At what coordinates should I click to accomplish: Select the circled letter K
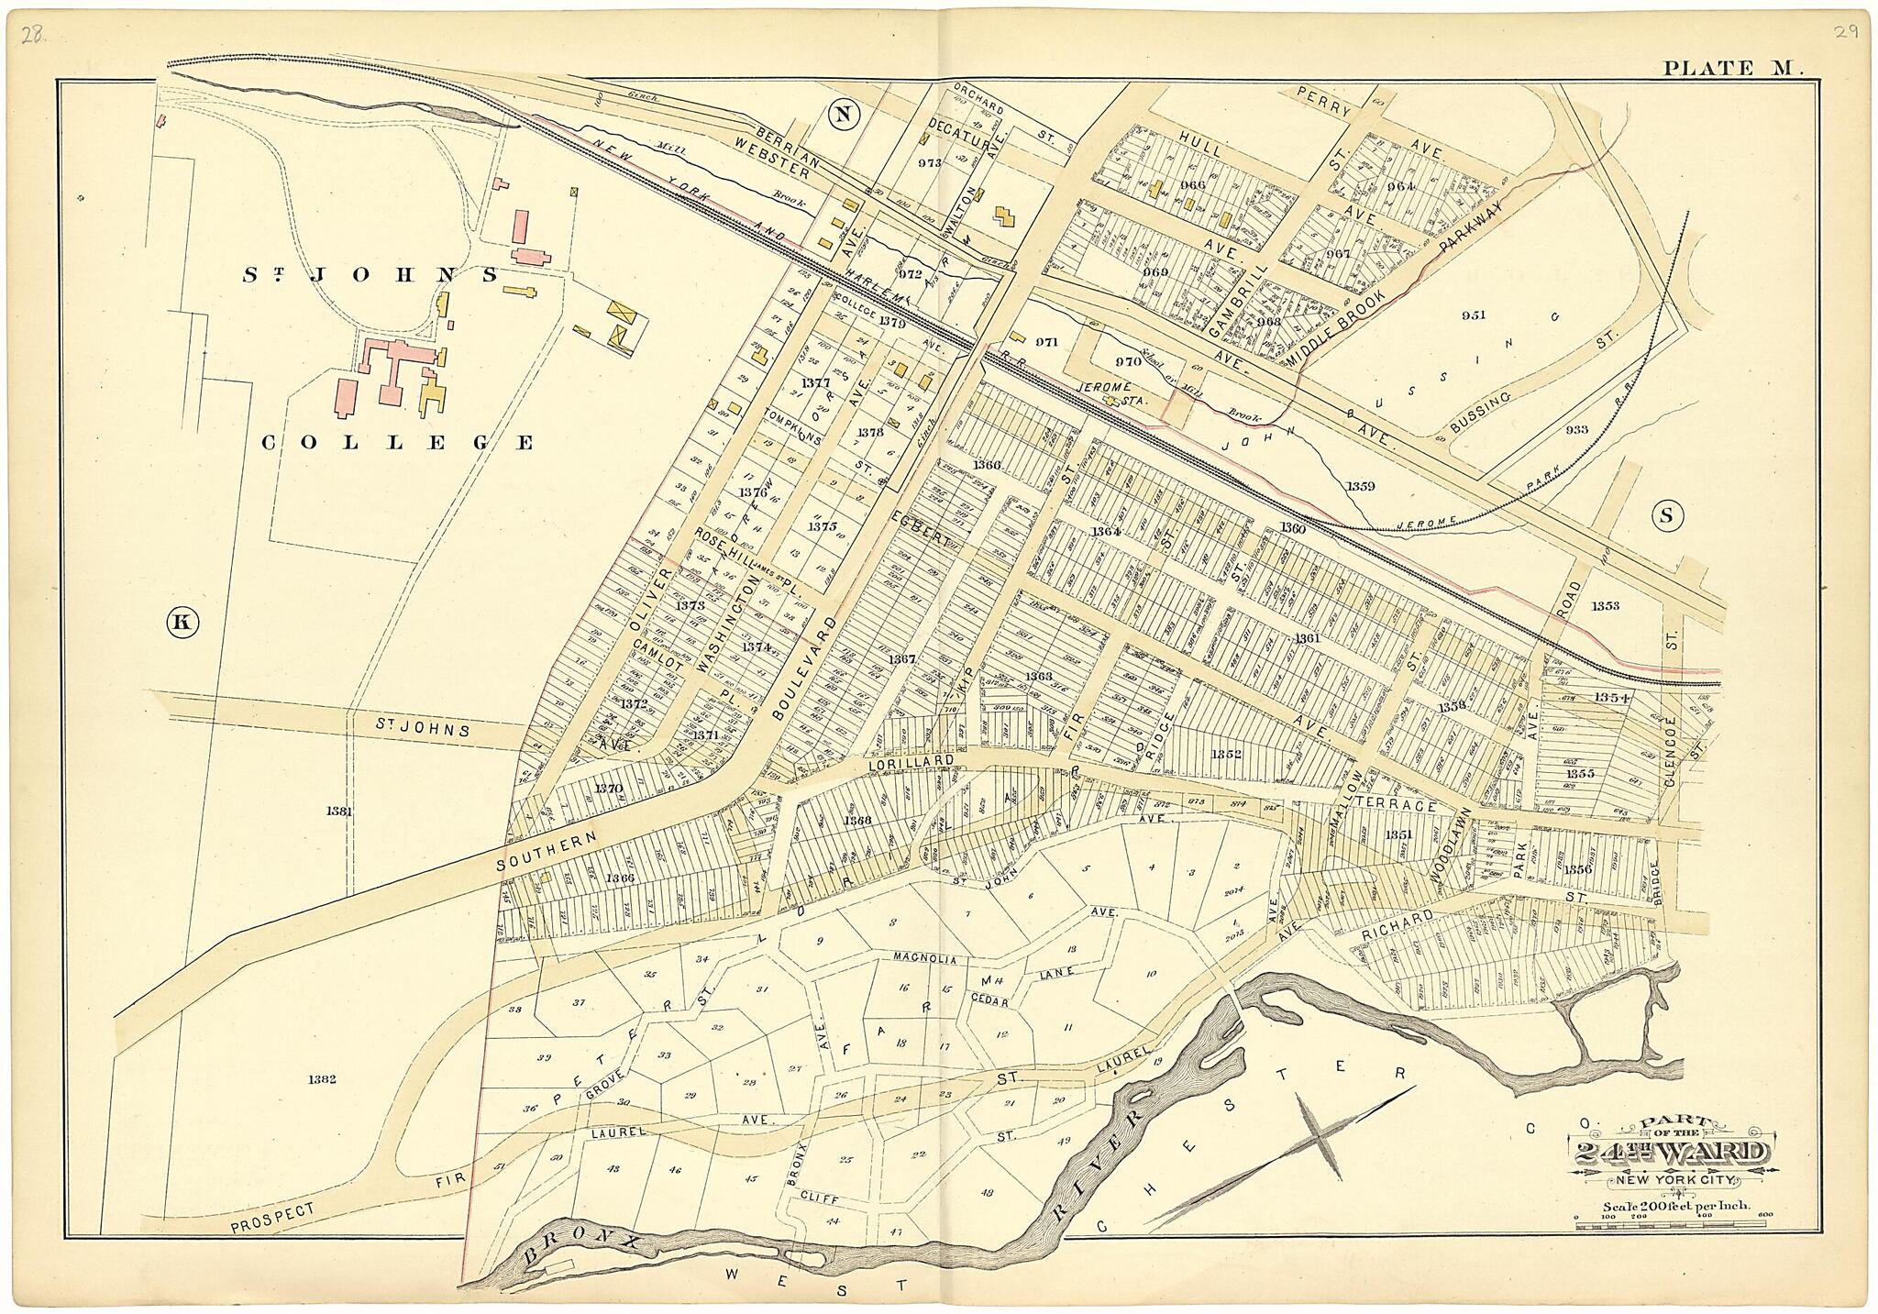(182, 623)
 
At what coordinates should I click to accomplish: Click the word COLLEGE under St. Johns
(398, 443)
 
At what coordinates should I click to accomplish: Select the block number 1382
(323, 1079)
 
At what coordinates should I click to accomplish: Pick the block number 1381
(338, 811)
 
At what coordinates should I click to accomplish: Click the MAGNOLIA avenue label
(925, 960)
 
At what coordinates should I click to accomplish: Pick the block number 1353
(1605, 605)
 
